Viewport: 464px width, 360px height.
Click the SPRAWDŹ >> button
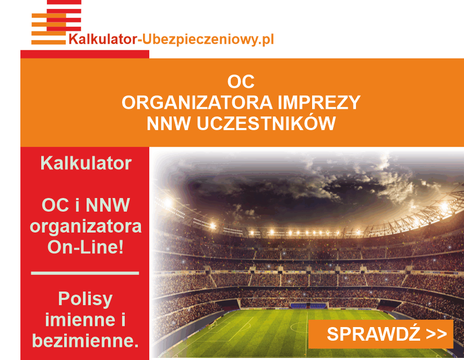[380, 334]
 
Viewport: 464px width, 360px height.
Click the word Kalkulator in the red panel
[86, 163]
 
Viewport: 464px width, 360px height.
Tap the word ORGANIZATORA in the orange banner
[197, 102]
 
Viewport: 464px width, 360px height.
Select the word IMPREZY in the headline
[319, 102]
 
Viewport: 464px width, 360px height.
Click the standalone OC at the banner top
[241, 82]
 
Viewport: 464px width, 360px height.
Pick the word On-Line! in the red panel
[86, 247]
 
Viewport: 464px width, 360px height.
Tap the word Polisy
[85, 299]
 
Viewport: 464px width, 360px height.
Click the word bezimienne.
[85, 341]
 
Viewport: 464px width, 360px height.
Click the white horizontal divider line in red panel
[85, 273]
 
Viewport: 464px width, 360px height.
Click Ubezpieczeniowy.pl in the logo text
[208, 39]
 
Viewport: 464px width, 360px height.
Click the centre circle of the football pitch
[299, 327]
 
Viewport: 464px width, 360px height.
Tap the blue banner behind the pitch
[308, 305]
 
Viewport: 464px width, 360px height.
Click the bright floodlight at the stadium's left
[168, 203]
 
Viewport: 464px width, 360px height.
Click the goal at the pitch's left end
[213, 325]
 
